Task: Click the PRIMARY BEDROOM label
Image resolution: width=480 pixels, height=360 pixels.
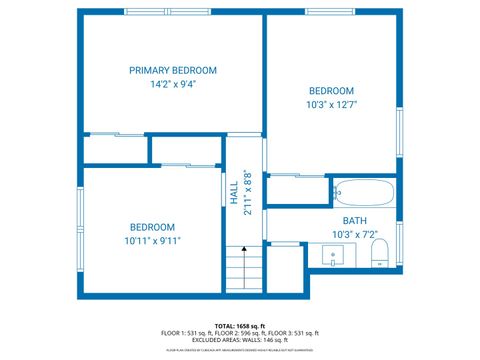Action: tap(173, 70)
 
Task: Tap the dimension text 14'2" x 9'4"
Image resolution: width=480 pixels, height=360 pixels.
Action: tap(173, 85)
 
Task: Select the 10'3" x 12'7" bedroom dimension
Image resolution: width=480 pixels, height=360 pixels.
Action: tap(331, 104)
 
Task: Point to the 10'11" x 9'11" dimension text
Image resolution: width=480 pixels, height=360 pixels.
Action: tap(152, 240)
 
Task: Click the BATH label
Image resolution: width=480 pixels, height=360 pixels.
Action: tap(355, 221)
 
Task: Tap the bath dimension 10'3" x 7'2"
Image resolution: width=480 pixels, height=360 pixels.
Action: tap(355, 234)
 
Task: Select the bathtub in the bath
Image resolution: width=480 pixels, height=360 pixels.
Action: tap(365, 189)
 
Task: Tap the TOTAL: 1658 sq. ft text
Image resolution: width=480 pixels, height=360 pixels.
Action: tap(240, 326)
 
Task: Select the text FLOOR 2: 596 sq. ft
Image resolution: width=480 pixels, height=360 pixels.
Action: tap(240, 333)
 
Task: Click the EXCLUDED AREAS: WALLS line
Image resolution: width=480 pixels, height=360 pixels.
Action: tap(240, 340)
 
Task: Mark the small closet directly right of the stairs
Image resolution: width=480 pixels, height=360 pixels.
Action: tap(285, 267)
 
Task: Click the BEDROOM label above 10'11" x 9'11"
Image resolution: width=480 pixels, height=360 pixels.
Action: tap(152, 227)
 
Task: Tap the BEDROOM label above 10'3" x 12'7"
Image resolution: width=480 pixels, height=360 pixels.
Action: tap(331, 90)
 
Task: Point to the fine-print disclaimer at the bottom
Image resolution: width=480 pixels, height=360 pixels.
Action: tap(240, 350)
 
